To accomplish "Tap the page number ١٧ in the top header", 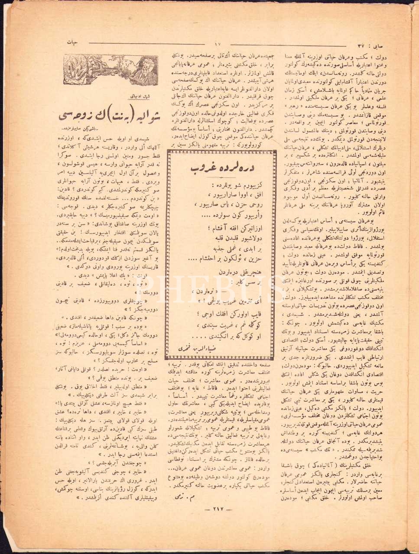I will tap(218, 43).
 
